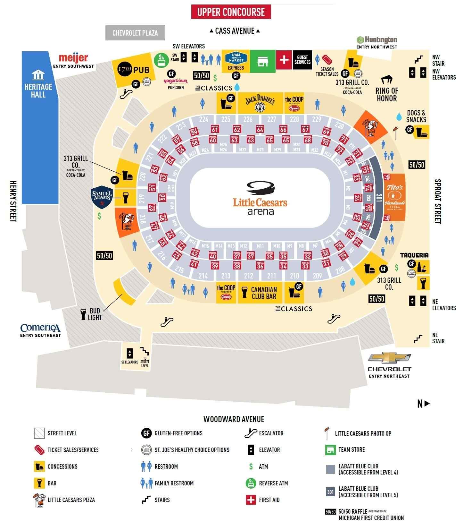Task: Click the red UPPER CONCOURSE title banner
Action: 231,12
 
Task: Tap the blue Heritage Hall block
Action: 40,128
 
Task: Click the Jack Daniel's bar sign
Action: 260,103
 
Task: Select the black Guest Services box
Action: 302,60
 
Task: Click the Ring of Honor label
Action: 387,94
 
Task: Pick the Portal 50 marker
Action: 162,197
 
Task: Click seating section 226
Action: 248,119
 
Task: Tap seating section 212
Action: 248,276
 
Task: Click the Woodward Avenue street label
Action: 234,419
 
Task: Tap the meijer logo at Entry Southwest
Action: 73,58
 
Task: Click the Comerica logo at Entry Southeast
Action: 40,328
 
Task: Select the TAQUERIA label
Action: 414,255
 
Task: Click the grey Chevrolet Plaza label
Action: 135,33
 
